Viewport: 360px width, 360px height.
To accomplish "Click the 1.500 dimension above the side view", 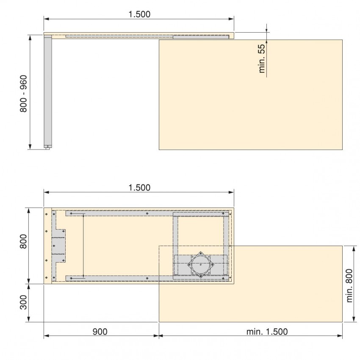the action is [139, 14].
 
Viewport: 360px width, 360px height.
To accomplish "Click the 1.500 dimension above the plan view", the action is [139, 188].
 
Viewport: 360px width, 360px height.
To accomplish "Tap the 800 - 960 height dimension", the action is [24, 94].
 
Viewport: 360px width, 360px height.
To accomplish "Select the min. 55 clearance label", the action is [262, 58].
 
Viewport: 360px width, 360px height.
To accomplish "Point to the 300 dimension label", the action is [24, 302].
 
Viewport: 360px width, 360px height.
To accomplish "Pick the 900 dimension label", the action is [100, 332].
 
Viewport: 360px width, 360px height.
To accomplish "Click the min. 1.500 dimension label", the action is [267, 332].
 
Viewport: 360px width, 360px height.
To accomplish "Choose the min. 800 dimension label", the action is [349, 286].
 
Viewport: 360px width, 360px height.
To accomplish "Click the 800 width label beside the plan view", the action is [24, 241].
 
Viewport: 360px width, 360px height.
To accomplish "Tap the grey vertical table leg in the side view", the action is [48, 91].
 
